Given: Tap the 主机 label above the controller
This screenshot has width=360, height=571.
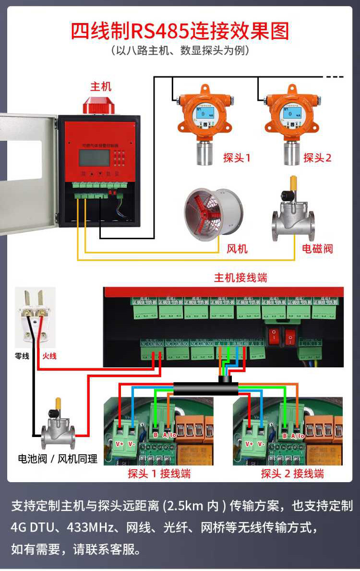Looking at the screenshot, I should tap(101, 86).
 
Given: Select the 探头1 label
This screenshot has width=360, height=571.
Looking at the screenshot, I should tap(237, 158).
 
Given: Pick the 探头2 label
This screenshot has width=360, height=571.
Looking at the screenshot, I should tap(317, 158).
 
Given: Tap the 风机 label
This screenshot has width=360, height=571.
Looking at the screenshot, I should tap(237, 248).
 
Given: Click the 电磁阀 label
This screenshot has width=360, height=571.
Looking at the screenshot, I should tap(317, 248).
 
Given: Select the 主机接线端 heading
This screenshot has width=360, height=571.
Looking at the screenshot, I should tap(240, 278).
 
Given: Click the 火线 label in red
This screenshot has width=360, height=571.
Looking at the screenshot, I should tap(49, 356).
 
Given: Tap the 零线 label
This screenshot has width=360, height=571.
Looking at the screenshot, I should tap(23, 356).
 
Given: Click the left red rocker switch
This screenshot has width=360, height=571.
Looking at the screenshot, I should tap(274, 337).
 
